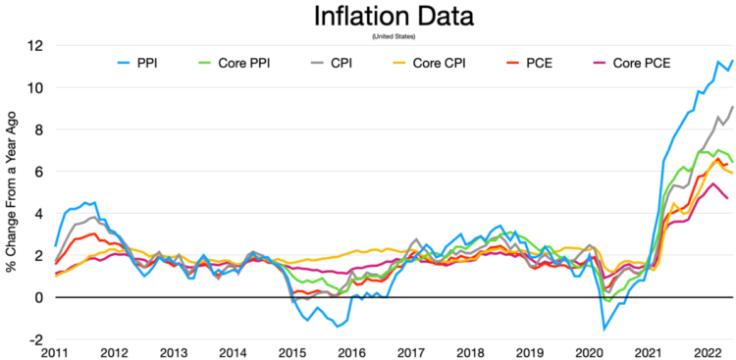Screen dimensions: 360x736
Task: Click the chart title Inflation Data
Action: (x=393, y=17)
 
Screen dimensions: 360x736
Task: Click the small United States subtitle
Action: (x=394, y=37)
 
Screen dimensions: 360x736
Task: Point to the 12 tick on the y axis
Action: (x=35, y=46)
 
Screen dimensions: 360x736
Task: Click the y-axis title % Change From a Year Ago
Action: (x=12, y=193)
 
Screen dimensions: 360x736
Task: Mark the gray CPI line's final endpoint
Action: (x=732, y=106)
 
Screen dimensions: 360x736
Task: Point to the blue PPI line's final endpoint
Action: (x=732, y=61)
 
